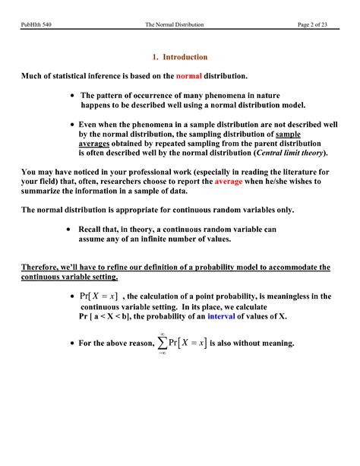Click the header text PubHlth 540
(36, 25)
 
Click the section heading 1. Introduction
(179, 57)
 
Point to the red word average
(229, 182)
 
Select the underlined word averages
(93, 143)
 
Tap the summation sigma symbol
(163, 344)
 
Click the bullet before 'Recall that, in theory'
(70, 229)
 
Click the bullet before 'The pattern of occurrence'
(71, 96)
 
